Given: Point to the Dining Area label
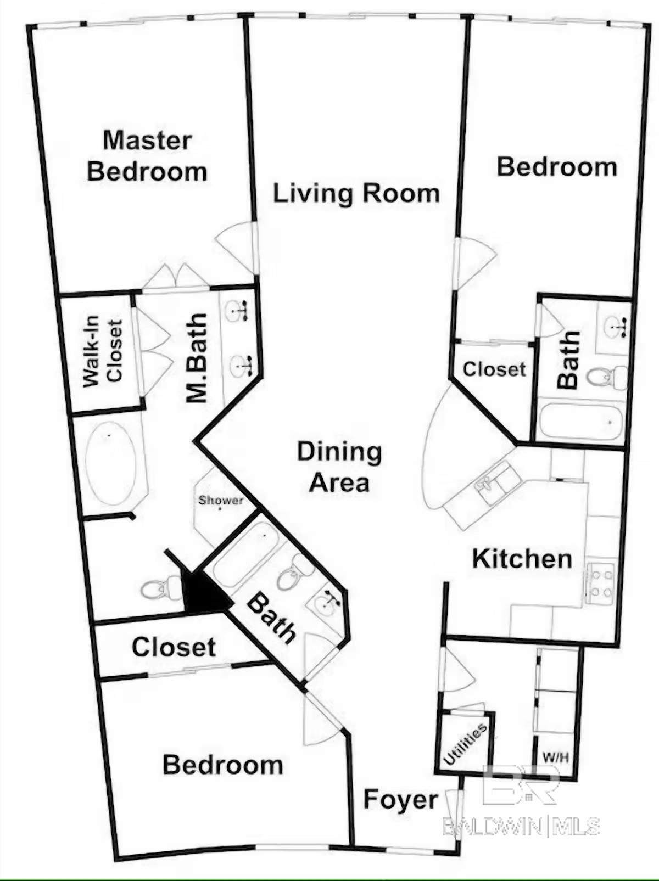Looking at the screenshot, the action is [x=339, y=467].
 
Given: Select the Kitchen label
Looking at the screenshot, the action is [x=522, y=559].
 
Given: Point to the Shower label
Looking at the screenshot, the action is [x=221, y=500].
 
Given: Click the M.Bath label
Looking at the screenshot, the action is [x=197, y=358].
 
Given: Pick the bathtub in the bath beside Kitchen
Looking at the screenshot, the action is [x=581, y=422].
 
